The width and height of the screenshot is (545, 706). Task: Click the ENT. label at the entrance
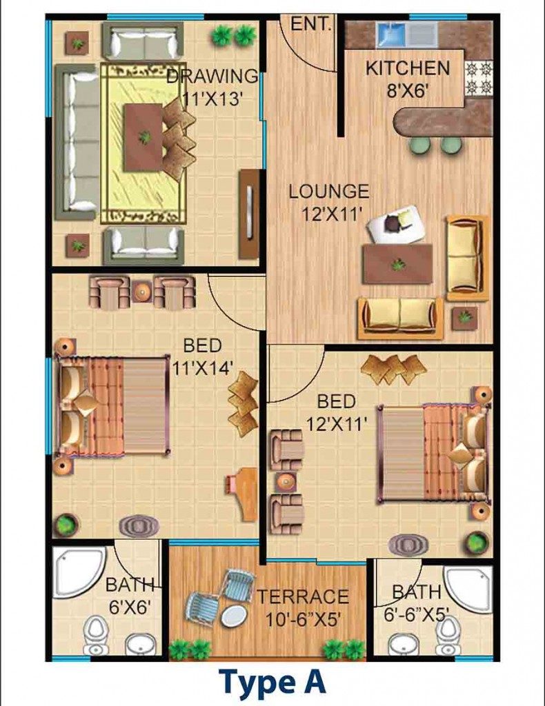[x=311, y=23]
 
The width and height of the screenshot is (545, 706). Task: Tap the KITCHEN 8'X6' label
[x=408, y=79]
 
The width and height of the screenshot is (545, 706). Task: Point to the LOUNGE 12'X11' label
[x=329, y=203]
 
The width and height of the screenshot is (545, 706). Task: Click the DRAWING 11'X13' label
[x=212, y=87]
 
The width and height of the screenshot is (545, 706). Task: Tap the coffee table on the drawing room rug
[x=143, y=137]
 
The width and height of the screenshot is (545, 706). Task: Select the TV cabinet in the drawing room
[x=249, y=214]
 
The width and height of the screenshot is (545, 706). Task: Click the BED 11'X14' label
[x=203, y=356]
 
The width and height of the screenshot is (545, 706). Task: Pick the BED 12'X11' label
[x=337, y=412]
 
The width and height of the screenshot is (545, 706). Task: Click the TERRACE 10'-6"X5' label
[x=303, y=608]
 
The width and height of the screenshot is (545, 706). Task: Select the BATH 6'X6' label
[x=129, y=596]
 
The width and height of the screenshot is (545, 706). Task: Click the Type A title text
[x=272, y=682]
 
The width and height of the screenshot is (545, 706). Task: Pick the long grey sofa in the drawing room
[x=77, y=141]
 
